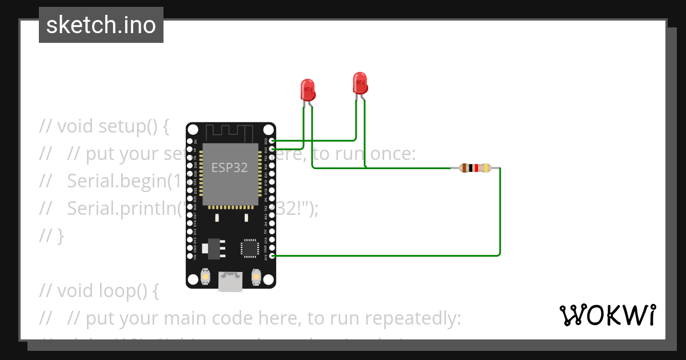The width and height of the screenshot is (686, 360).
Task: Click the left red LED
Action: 308,90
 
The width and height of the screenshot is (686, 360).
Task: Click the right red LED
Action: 360,82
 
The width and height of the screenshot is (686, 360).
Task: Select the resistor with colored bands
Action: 475,168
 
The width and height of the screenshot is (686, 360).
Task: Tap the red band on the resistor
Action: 476,168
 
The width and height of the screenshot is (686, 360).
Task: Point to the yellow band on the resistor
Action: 486,168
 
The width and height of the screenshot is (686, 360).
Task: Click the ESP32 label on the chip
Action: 230,167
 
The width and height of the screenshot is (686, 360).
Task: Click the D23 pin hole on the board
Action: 272,141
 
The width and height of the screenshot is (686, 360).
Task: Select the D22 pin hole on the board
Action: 272,149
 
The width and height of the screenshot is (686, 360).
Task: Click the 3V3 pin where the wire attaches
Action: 272,256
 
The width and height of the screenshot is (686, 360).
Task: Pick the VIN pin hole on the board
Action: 190,256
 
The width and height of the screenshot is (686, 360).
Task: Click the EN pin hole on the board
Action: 190,141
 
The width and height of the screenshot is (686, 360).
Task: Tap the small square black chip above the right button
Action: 250,247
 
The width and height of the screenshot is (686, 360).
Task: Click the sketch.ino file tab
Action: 101,25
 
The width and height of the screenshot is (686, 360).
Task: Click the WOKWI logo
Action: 607,315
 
